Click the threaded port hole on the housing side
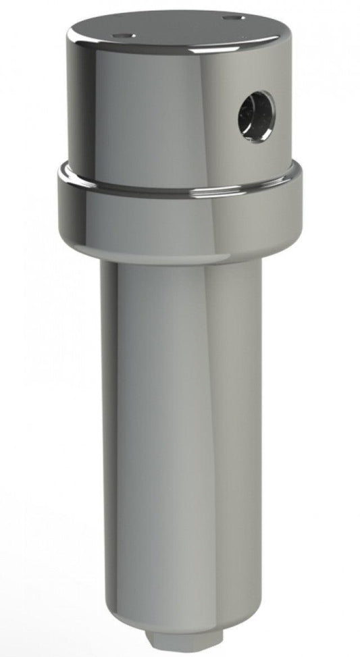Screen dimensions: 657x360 [256, 117]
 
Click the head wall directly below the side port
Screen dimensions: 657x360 [257, 159]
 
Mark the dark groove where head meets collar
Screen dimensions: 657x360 [179, 192]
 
